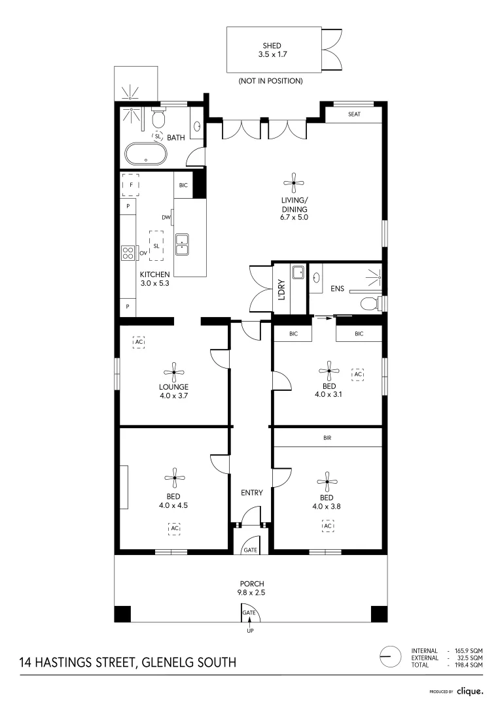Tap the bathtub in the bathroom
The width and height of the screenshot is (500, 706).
pyautogui.click(x=145, y=154)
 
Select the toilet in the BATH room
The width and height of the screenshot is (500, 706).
pyautogui.click(x=158, y=120)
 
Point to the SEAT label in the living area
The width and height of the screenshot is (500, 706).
pyautogui.click(x=354, y=114)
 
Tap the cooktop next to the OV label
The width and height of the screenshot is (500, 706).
pyautogui.click(x=126, y=252)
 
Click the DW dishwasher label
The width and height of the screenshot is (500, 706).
pyautogui.click(x=166, y=218)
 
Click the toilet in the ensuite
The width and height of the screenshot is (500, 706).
pyautogui.click(x=370, y=303)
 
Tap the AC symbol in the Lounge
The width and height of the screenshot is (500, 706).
pyautogui.click(x=138, y=342)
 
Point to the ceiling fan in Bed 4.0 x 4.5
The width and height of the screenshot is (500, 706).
pyautogui.click(x=174, y=478)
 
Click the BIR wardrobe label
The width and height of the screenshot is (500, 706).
pyautogui.click(x=327, y=438)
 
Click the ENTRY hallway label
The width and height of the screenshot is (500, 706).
pyautogui.click(x=251, y=492)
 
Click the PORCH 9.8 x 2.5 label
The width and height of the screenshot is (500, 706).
pyautogui.click(x=250, y=588)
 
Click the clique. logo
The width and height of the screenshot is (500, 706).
pyautogui.click(x=470, y=690)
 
